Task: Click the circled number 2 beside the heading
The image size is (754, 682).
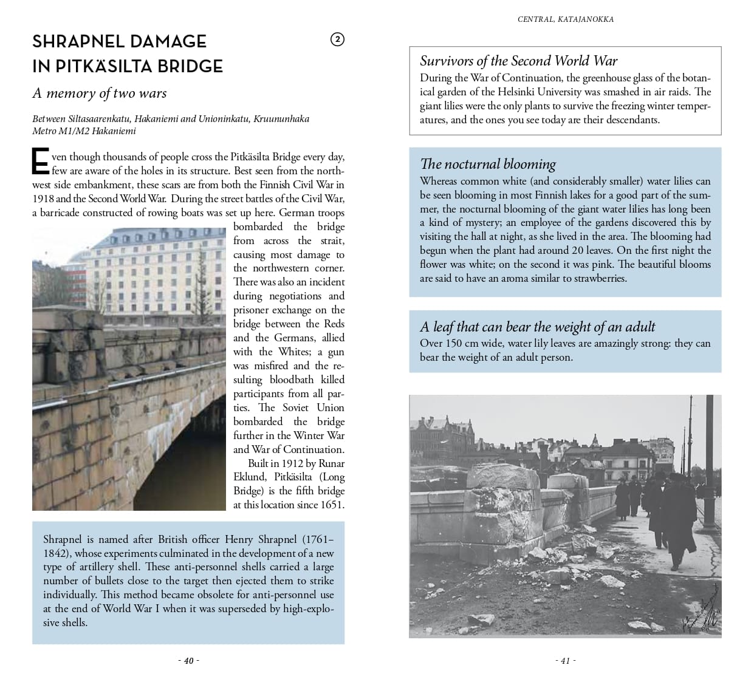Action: pos(337,40)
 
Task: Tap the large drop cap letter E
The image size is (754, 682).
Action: pos(40,163)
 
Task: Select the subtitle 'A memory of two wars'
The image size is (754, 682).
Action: pos(100,93)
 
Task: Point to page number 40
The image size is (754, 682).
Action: pos(188,661)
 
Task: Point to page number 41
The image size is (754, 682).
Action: pos(565,661)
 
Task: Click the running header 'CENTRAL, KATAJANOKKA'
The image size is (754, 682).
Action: pos(565,19)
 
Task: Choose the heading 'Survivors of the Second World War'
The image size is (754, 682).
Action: pos(518,61)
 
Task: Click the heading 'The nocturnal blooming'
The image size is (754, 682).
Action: pos(488,164)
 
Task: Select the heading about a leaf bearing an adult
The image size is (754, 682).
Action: pos(537,327)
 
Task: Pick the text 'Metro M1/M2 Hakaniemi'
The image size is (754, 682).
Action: pos(84,131)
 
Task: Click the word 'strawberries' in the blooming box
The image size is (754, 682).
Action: pos(596,278)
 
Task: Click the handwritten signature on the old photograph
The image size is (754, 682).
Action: pos(705,607)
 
